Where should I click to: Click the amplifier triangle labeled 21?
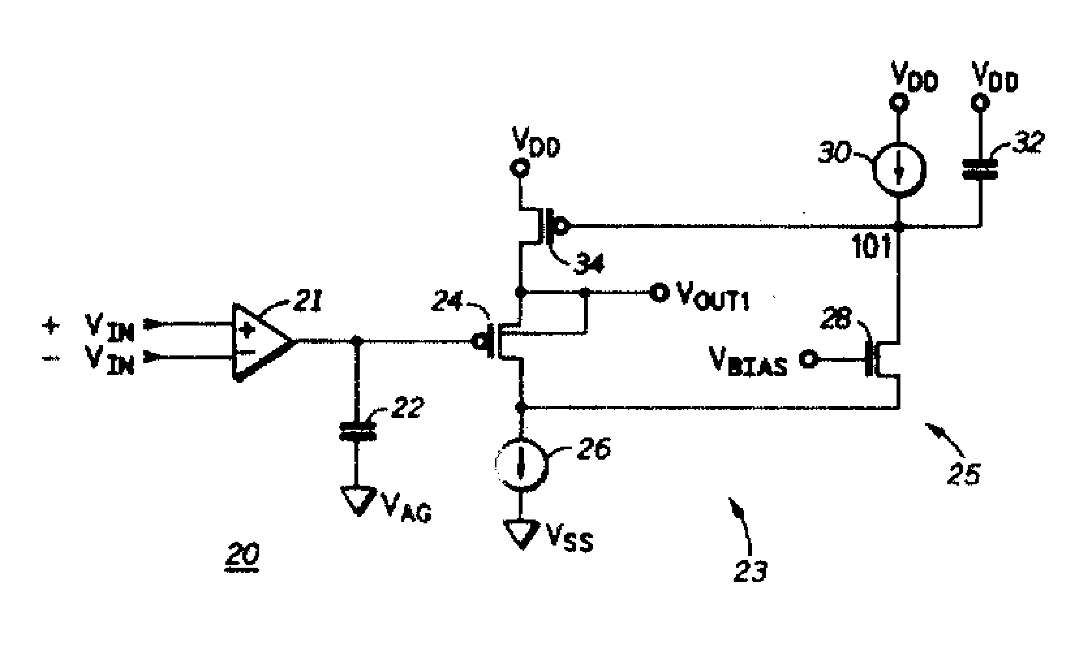tap(259, 341)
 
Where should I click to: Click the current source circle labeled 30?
tap(899, 169)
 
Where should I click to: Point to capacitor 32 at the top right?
tap(979, 169)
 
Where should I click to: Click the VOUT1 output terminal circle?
tap(659, 292)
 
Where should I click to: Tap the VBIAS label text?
tap(748, 362)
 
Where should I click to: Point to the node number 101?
tap(872, 247)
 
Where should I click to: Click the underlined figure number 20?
tap(242, 555)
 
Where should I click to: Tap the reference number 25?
tap(963, 474)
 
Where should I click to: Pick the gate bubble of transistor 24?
tap(479, 340)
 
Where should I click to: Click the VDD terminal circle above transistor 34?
tap(520, 167)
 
